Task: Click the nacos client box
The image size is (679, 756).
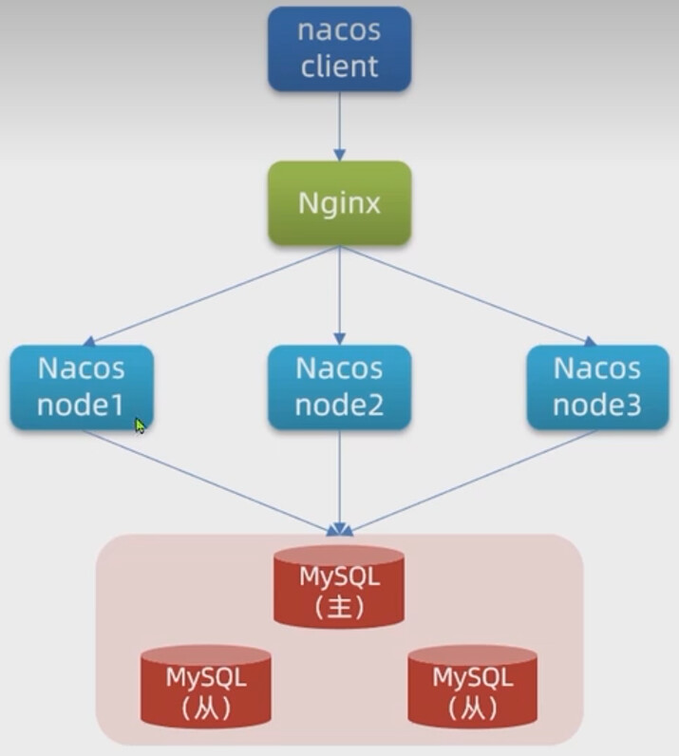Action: point(339,48)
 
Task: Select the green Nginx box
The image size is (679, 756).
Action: point(339,203)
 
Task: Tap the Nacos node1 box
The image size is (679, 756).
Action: point(81,387)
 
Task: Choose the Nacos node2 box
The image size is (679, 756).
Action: point(339,387)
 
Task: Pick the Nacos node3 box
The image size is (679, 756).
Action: point(597,387)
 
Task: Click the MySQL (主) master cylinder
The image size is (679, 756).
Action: point(339,586)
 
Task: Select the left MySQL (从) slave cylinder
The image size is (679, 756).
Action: point(206,687)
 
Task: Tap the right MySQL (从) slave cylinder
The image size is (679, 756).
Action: point(472,687)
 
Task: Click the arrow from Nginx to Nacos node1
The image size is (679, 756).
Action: point(214,294)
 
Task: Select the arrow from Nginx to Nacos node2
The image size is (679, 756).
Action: point(339,294)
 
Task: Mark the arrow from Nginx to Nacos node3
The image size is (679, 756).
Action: point(465,294)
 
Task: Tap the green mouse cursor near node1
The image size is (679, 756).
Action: point(140,426)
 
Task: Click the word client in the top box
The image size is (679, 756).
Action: point(339,66)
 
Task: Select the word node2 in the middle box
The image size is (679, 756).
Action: point(339,406)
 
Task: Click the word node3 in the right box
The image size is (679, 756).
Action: point(597,406)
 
